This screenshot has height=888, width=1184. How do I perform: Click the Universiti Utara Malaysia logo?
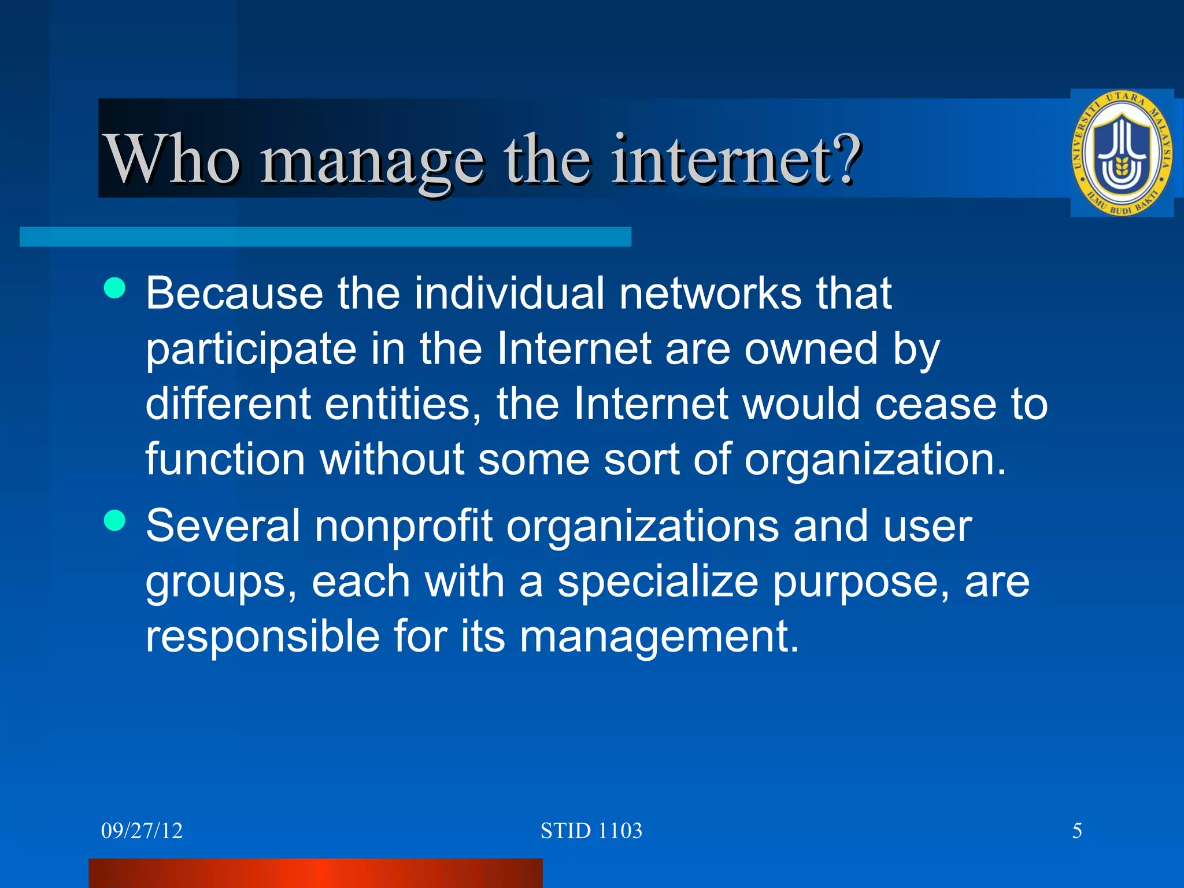click(1122, 154)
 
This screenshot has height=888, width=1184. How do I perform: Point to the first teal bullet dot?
click(114, 287)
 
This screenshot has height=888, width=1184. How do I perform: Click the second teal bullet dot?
click(114, 520)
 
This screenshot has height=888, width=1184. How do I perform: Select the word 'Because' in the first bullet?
click(234, 293)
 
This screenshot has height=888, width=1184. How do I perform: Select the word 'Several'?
click(223, 526)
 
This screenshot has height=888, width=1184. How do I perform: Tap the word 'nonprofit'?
click(403, 526)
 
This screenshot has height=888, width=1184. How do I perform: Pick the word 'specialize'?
click(657, 583)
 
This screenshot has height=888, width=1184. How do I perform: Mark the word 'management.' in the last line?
click(659, 637)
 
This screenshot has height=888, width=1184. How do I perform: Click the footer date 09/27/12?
click(142, 831)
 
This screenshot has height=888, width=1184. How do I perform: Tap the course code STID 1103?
click(591, 831)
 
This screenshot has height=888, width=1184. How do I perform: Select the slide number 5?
click(1077, 831)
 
